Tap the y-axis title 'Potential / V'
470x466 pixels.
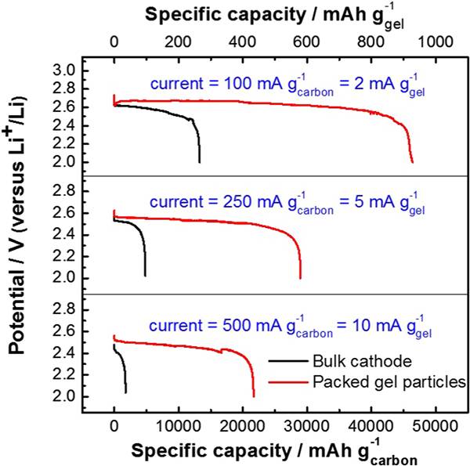tap(18, 235)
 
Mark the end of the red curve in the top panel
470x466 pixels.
tap(412, 162)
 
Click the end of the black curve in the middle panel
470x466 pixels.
tap(146, 276)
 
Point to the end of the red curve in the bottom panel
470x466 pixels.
tap(254, 396)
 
